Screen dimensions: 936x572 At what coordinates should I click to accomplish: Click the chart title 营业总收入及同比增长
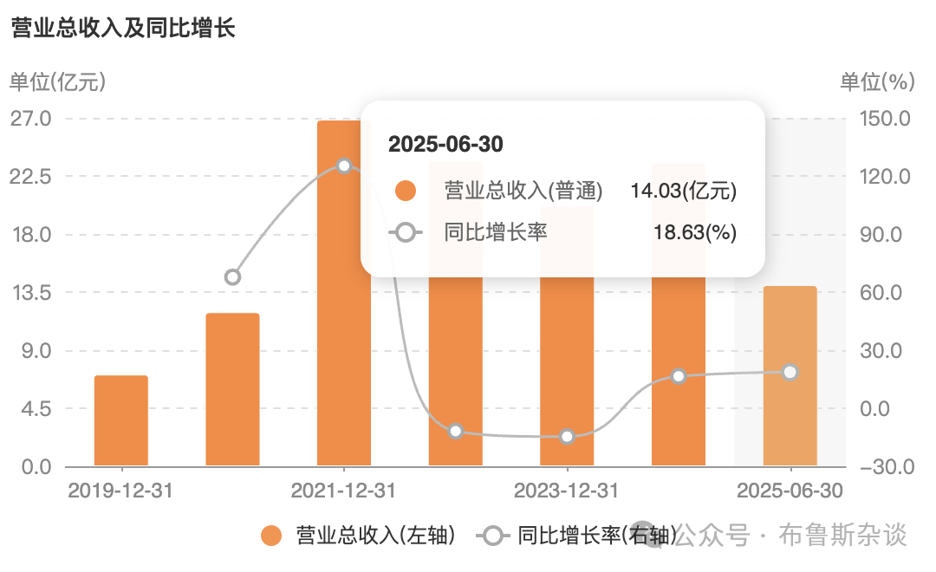tap(123, 28)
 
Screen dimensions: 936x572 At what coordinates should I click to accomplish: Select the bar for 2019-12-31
tap(121, 420)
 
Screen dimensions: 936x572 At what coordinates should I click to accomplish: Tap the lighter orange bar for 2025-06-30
tap(790, 375)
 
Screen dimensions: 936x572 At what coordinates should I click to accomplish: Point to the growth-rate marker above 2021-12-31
tap(344, 166)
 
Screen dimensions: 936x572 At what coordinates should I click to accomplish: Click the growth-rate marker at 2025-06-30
tap(790, 372)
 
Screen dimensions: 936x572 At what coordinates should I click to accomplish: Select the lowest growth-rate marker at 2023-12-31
tap(567, 437)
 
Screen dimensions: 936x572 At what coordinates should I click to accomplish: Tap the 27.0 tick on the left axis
tap(31, 118)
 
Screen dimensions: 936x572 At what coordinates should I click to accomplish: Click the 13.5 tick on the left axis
tap(31, 293)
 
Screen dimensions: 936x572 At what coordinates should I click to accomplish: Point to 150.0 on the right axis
tap(885, 118)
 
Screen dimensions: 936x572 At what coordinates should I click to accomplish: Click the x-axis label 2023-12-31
tap(567, 491)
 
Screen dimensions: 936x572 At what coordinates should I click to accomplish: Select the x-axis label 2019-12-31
tap(120, 491)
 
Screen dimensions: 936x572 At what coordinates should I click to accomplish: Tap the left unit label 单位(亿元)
tap(57, 81)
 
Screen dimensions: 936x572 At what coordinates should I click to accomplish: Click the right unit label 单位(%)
tap(877, 81)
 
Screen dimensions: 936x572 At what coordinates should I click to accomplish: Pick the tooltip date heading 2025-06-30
tap(446, 144)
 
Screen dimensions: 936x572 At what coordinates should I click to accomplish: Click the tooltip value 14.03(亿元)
tap(684, 191)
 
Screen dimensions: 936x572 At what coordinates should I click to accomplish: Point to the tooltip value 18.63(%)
tap(695, 232)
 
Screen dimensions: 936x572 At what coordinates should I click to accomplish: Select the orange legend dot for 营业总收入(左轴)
tap(271, 536)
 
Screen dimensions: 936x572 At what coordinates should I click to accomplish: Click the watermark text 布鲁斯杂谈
tap(842, 535)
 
